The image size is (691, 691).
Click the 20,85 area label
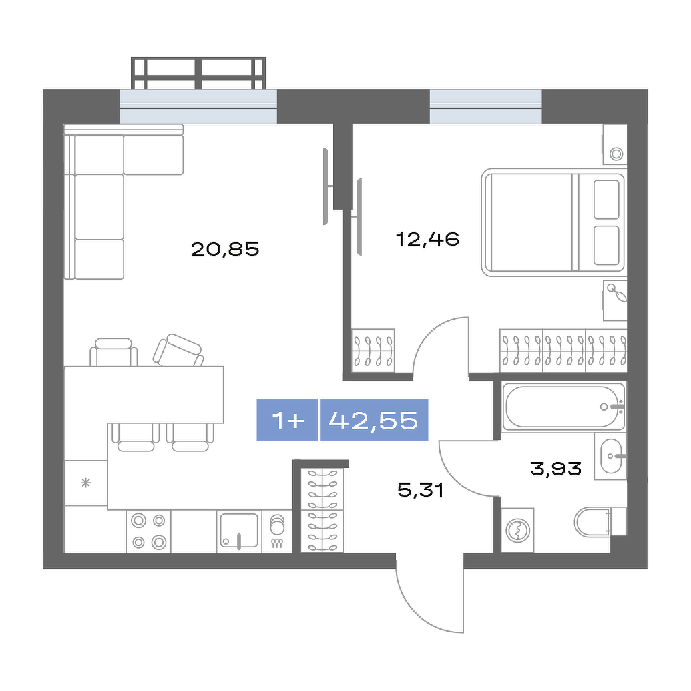coord(225,250)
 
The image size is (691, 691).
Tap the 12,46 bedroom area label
coord(427,239)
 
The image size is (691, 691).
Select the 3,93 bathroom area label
coord(556,469)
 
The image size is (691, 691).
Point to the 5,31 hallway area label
coord(421,490)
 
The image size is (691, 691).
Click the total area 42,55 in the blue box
coord(373,420)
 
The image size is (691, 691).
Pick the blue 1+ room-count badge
coord(287,420)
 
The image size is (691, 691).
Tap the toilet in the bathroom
coord(600,522)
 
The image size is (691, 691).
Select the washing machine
coord(517,530)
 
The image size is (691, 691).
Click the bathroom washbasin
coord(610,456)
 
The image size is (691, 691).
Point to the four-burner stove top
coord(148,531)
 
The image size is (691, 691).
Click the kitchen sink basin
coord(239,531)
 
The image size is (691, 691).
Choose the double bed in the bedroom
coord(553,222)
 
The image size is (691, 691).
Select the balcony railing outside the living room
coord(198,73)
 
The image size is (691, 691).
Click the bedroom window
coord(485,106)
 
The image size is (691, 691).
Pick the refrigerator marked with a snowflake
coord(86,483)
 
